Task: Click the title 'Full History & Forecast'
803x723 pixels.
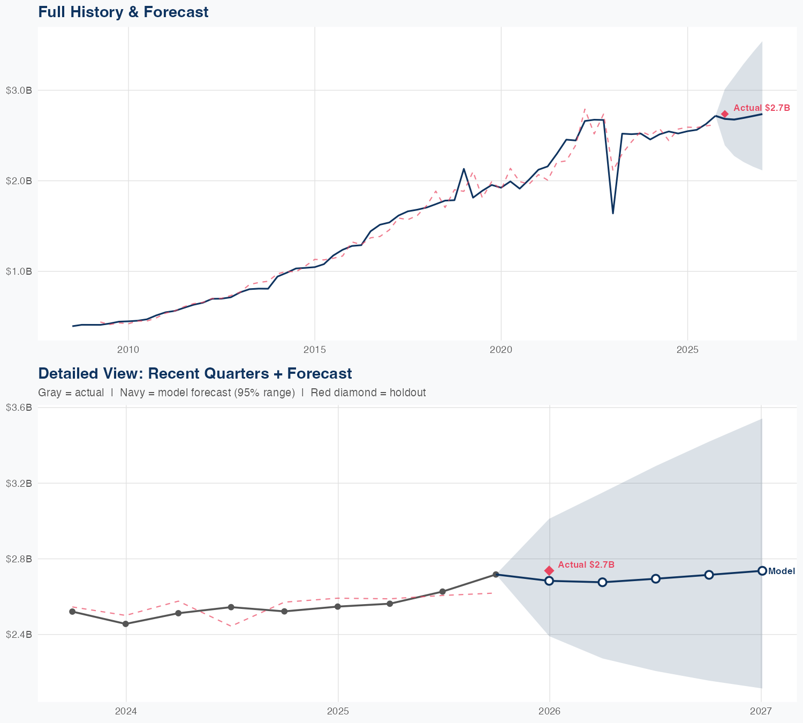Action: pyautogui.click(x=123, y=12)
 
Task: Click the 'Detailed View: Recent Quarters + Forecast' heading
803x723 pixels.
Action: pyautogui.click(x=195, y=373)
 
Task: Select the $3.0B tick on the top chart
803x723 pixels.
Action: pyautogui.click(x=19, y=91)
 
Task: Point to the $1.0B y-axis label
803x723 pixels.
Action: pyautogui.click(x=19, y=272)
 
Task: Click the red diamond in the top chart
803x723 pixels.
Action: pyautogui.click(x=725, y=114)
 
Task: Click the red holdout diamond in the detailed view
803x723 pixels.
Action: pyautogui.click(x=549, y=571)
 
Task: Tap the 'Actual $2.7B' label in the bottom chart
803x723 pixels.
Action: pyautogui.click(x=586, y=565)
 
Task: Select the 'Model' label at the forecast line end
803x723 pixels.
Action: pyautogui.click(x=782, y=571)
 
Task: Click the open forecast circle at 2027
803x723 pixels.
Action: pyautogui.click(x=762, y=571)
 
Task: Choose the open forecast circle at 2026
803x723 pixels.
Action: pyautogui.click(x=549, y=581)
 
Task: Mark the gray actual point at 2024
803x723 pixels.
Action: pyautogui.click(x=126, y=624)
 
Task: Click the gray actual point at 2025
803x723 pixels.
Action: pyautogui.click(x=338, y=607)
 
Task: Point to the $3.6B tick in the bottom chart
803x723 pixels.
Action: pyautogui.click(x=19, y=408)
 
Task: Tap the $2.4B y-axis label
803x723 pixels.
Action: pyautogui.click(x=19, y=635)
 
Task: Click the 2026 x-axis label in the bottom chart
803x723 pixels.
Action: pyautogui.click(x=549, y=712)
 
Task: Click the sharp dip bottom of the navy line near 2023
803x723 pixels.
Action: pyautogui.click(x=613, y=213)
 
